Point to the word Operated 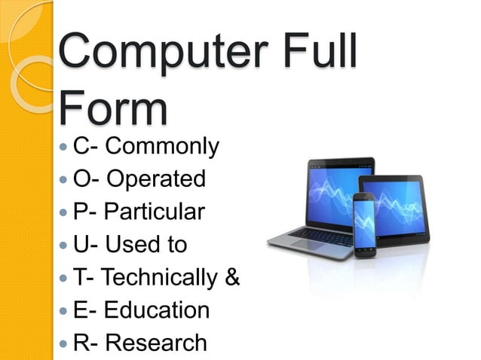[x=155, y=179]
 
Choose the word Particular [x=154, y=212]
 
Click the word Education [x=157, y=310]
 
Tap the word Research [x=156, y=343]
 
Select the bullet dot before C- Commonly [x=64, y=147]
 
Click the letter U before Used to [x=81, y=245]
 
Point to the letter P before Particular [x=81, y=212]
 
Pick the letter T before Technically [x=81, y=278]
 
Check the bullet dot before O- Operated [x=64, y=180]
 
